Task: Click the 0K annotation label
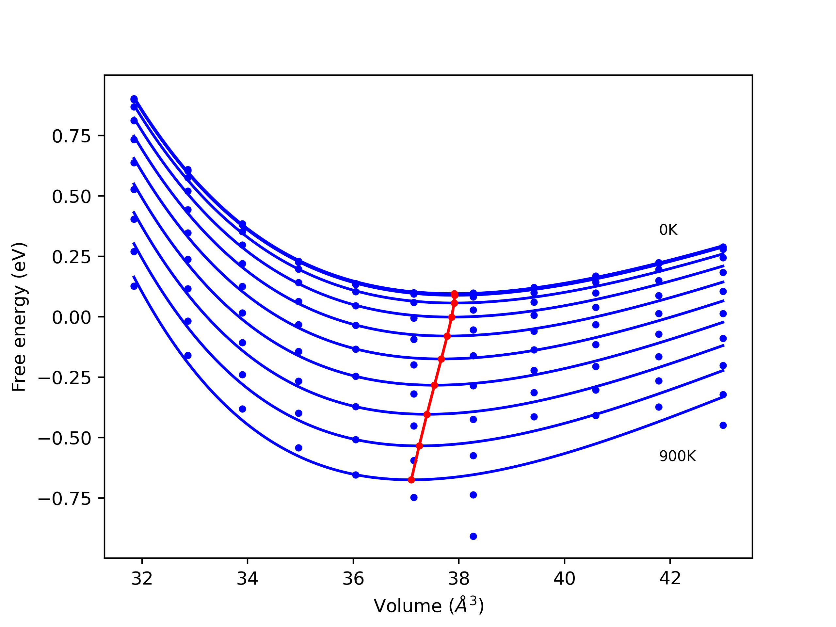click(x=668, y=230)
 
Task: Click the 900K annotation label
click(x=677, y=456)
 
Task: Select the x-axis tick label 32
click(x=142, y=579)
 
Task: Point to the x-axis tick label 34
click(x=247, y=579)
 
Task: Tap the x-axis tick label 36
click(x=353, y=579)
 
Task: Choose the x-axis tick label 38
click(x=459, y=579)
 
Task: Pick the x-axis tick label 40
click(x=564, y=579)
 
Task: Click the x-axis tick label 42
click(x=670, y=579)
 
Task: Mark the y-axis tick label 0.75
click(x=72, y=136)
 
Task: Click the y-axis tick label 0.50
click(x=72, y=197)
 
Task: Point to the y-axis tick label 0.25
click(x=72, y=257)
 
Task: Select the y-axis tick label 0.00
click(x=72, y=317)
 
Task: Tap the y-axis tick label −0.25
click(x=65, y=378)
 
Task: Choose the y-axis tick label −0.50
click(x=65, y=438)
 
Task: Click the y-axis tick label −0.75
click(x=65, y=499)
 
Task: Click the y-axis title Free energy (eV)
click(x=19, y=317)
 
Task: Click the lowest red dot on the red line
click(x=411, y=480)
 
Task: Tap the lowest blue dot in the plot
click(x=473, y=536)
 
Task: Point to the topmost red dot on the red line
click(x=455, y=294)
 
